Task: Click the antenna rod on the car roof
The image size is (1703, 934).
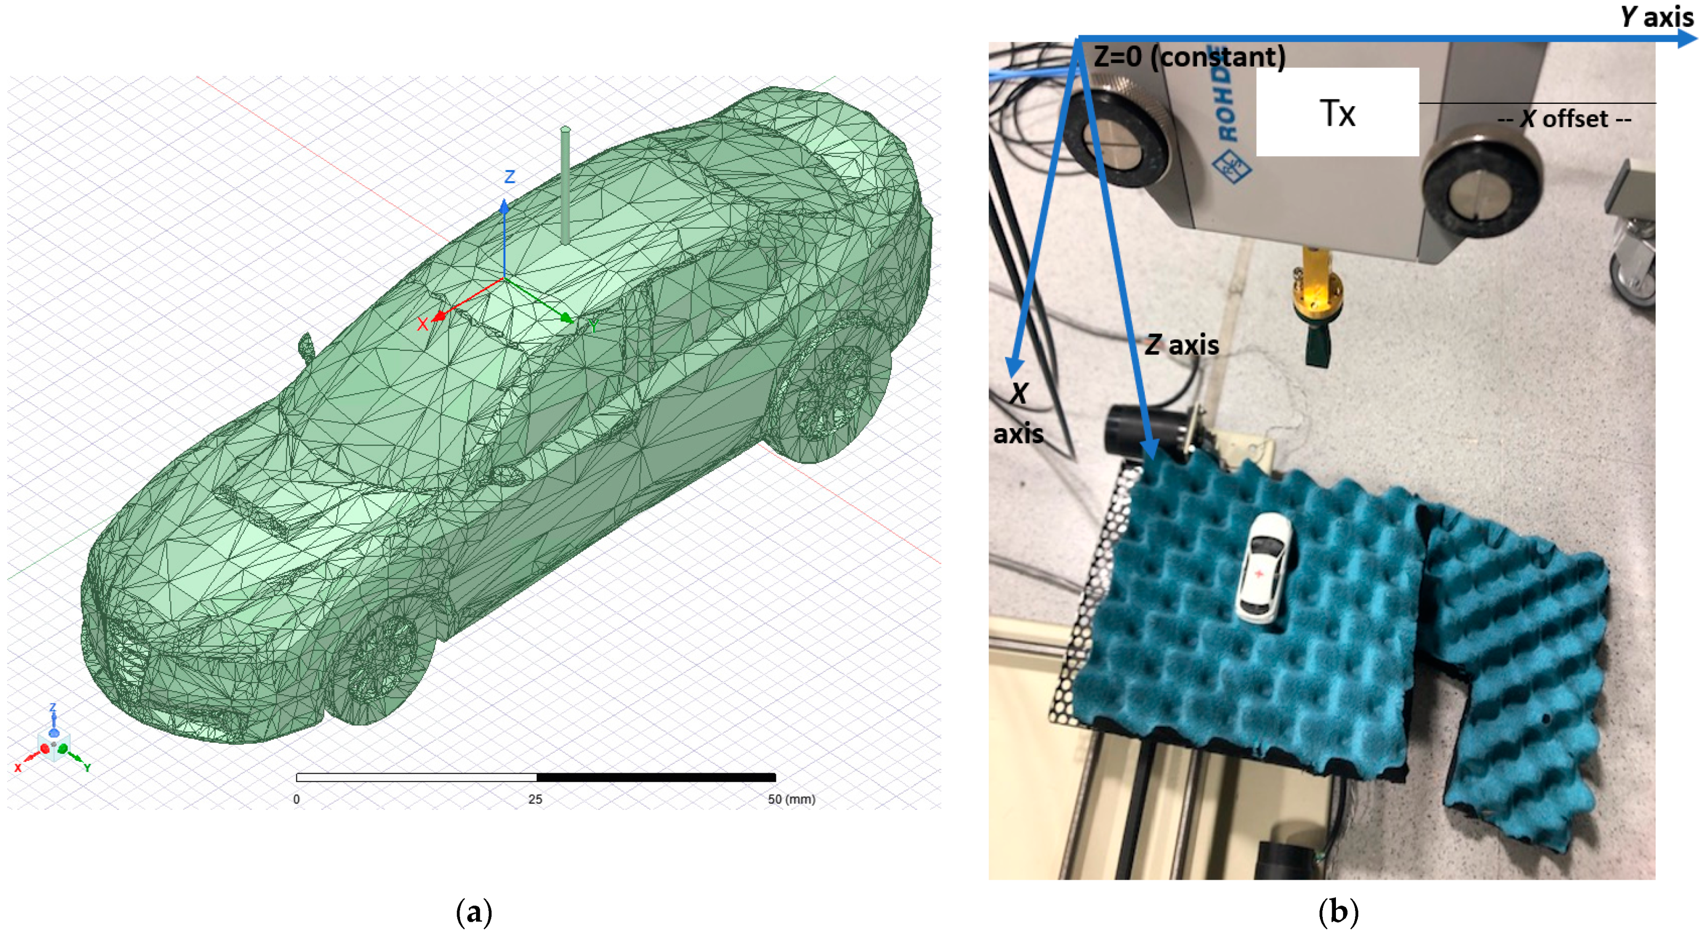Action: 565,185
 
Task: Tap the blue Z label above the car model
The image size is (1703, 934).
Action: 510,177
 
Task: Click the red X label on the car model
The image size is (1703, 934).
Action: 422,324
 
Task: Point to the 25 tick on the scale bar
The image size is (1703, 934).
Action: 535,799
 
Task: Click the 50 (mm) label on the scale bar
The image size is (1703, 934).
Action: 791,799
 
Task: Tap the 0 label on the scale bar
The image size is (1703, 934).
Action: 296,799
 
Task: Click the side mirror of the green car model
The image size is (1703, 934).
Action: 306,347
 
